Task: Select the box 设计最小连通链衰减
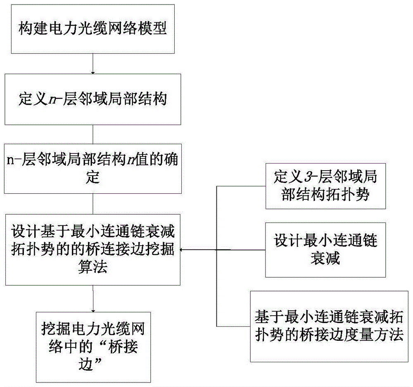[326, 250]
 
